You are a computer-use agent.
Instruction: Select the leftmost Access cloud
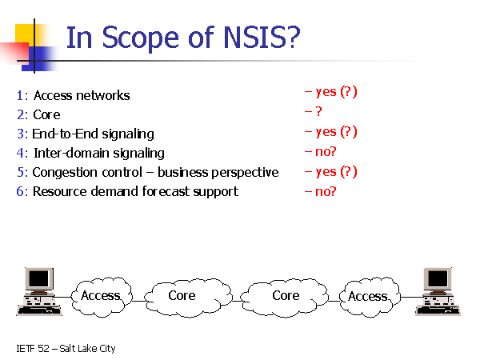[101, 296]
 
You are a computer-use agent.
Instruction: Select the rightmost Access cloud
[368, 297]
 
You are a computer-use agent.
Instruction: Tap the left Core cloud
[182, 296]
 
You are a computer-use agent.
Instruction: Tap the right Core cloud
[285, 296]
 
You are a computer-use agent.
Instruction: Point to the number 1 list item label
[21, 96]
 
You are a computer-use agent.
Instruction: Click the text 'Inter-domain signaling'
[98, 153]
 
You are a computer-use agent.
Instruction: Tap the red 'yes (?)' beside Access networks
[330, 92]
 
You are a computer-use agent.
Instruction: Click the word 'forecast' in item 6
[181, 191]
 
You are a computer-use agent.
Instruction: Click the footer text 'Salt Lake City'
[87, 349]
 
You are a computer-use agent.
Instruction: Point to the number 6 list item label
[21, 191]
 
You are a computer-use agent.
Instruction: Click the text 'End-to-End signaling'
[93, 134]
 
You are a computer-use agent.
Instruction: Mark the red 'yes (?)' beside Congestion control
[330, 171]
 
